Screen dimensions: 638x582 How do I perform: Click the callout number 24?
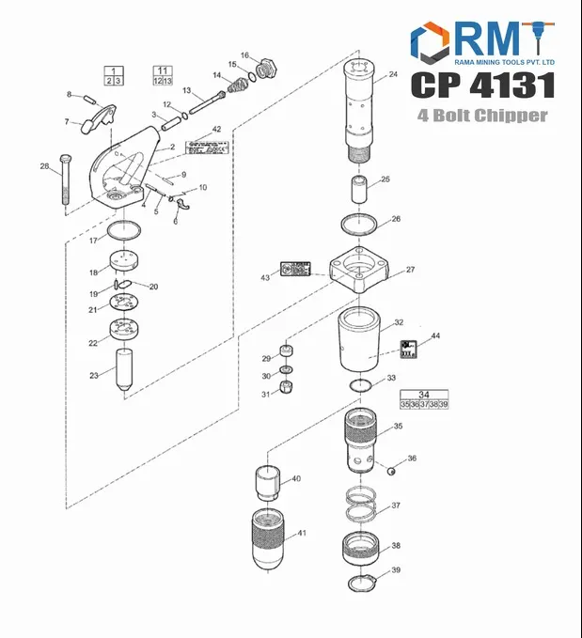pyautogui.click(x=393, y=75)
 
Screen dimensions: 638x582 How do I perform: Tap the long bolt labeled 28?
pyautogui.click(x=66, y=183)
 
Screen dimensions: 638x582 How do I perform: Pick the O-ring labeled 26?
pyautogui.click(x=358, y=225)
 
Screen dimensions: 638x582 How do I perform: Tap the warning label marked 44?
pyautogui.click(x=409, y=349)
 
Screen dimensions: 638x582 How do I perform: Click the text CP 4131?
pyautogui.click(x=482, y=86)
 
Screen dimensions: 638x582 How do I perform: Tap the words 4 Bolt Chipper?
pyautogui.click(x=482, y=116)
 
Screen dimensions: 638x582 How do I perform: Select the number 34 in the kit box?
pyautogui.click(x=424, y=395)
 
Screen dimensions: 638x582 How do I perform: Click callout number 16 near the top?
pyautogui.click(x=244, y=55)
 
